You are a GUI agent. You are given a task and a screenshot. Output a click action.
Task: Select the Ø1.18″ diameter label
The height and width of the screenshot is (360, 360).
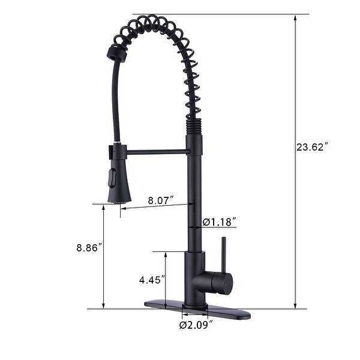pos(218,222)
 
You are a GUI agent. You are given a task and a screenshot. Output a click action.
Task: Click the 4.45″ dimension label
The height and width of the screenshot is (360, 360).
pos(151,279)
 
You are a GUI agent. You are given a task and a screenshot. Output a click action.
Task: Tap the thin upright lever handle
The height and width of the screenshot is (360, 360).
pos(222,254)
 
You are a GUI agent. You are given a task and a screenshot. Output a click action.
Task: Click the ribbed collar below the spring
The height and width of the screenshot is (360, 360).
pos(194,127)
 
